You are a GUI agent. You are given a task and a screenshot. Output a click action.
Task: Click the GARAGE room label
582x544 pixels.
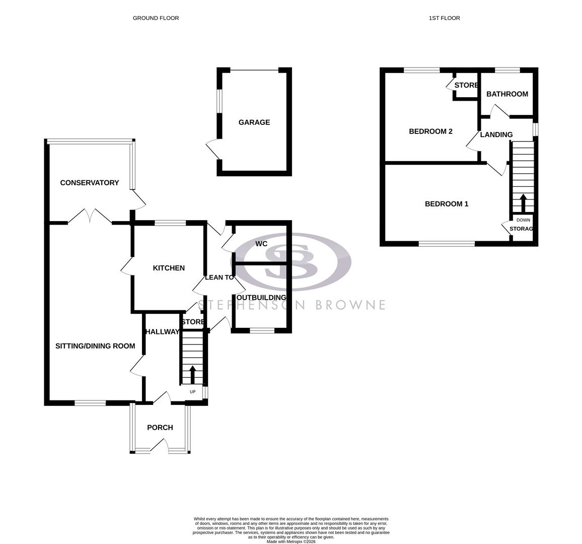254,122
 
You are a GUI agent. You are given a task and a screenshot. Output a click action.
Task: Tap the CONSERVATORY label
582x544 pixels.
89,183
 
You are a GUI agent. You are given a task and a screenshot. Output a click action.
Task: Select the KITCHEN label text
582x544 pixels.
169,268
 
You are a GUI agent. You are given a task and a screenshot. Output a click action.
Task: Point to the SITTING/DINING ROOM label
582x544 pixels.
95,346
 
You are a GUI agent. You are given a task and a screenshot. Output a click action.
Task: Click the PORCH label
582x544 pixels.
160,428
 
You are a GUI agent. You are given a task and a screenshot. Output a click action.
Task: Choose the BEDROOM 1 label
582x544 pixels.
447,204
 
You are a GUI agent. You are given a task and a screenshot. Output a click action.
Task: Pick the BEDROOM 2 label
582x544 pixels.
430,131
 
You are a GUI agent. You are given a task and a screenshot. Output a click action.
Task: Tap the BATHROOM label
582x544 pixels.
507,94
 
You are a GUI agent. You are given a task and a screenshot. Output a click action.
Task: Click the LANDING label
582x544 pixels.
496,135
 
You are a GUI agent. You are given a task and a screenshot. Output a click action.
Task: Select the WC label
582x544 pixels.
261,244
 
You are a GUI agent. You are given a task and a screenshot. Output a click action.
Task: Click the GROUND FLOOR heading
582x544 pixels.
156,18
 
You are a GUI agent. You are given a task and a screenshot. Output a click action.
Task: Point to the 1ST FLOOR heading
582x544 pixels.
444,18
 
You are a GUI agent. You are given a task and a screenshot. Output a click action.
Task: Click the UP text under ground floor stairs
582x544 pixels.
192,392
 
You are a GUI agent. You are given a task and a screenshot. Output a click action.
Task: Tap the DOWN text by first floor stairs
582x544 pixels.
523,220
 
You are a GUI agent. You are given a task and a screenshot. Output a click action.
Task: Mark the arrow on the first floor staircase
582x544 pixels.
523,202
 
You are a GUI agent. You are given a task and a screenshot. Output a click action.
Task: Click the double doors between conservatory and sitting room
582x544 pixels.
90,217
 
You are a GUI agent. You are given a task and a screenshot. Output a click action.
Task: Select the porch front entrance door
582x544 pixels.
160,445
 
